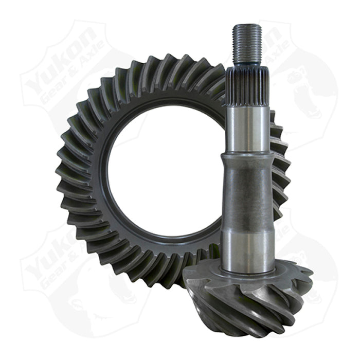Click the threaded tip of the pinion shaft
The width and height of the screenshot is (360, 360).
click(x=247, y=44)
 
